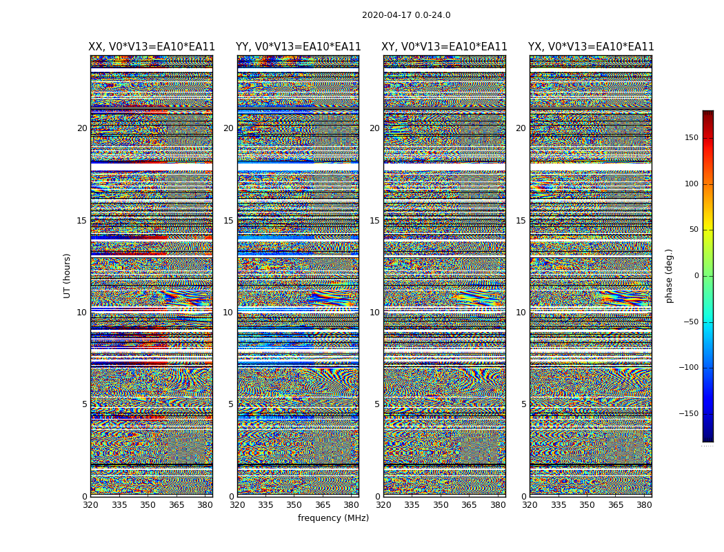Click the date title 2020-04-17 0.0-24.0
point(406,15)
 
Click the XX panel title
point(152,47)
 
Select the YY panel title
point(298,47)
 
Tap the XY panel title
point(444,47)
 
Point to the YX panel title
point(591,47)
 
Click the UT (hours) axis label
point(68,275)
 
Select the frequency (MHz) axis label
point(333,518)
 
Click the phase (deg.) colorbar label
point(669,275)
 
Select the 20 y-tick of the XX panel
point(82,128)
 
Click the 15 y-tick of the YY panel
point(228,221)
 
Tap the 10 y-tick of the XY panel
point(374,313)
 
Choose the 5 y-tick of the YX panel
point(523,404)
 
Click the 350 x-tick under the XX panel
point(148,505)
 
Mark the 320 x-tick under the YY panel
point(237,505)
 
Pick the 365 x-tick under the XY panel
point(469,505)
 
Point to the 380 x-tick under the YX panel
point(644,505)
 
